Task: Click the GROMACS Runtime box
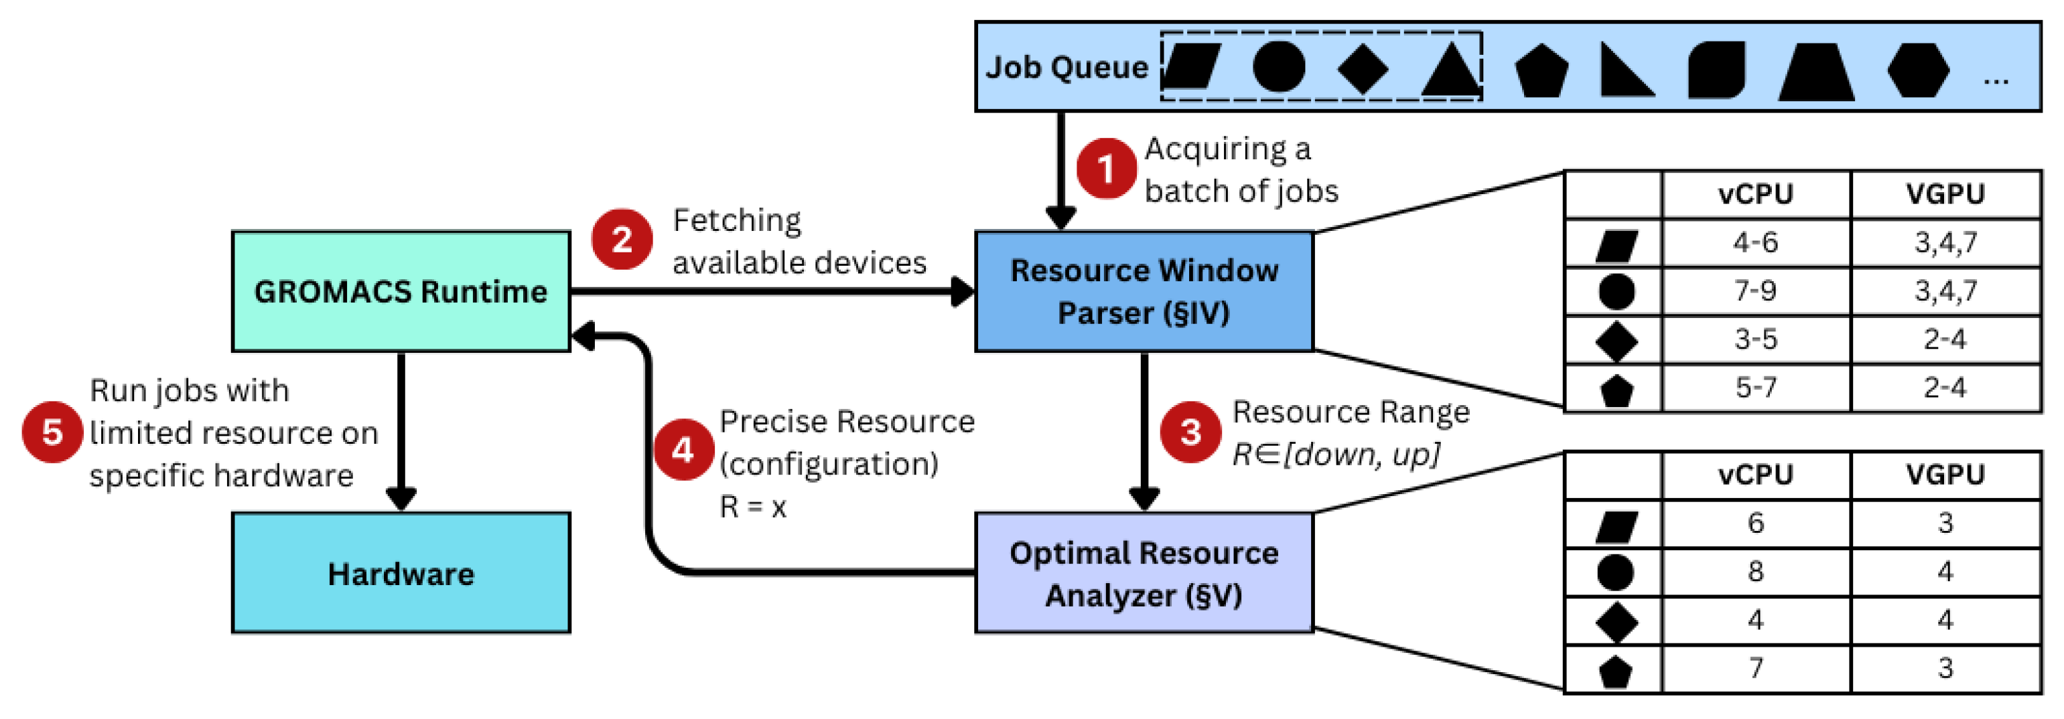tap(401, 291)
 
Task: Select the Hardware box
tap(401, 573)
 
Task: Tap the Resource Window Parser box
tap(1144, 291)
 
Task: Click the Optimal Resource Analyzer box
tap(1144, 573)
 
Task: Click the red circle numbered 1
tap(1106, 168)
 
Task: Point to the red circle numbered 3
tap(1190, 432)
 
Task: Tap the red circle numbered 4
tap(683, 450)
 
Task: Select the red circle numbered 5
tap(52, 432)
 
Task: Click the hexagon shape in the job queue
tap(1917, 70)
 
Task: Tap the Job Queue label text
tap(1067, 67)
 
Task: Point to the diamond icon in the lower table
tap(1615, 621)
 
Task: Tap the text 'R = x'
tap(752, 507)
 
